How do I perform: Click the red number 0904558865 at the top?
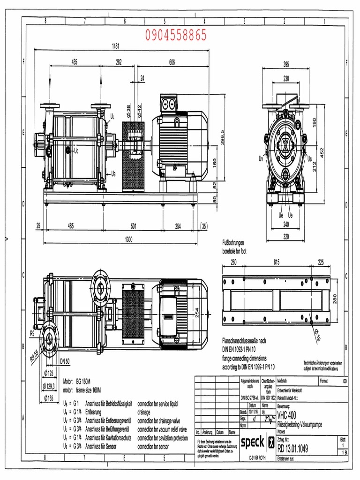point(176,36)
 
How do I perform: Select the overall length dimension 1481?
point(115,46)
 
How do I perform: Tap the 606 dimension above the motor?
point(172,62)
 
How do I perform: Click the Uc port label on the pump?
point(76,151)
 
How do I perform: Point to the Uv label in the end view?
point(261,159)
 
